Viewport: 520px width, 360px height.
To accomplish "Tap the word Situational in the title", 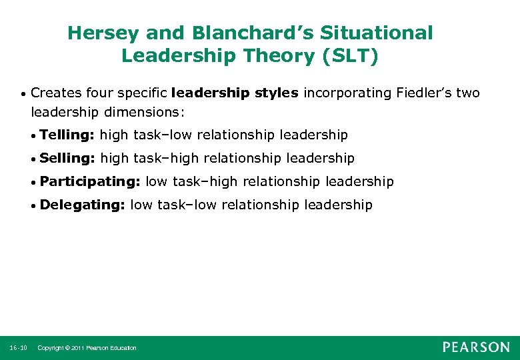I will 379,33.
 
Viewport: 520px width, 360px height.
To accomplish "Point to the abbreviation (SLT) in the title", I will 351,56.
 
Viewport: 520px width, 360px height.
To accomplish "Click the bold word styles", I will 276,93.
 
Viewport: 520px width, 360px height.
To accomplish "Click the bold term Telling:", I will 67,135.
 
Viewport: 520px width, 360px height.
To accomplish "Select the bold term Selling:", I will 67,158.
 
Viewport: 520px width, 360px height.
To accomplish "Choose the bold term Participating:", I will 89,181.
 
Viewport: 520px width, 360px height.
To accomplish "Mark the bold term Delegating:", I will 82,205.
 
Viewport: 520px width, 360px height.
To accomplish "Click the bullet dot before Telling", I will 34,136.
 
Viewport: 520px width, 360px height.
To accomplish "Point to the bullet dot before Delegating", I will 34,205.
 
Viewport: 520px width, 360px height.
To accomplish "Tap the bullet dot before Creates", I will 24,93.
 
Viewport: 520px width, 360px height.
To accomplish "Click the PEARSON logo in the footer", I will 476,347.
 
